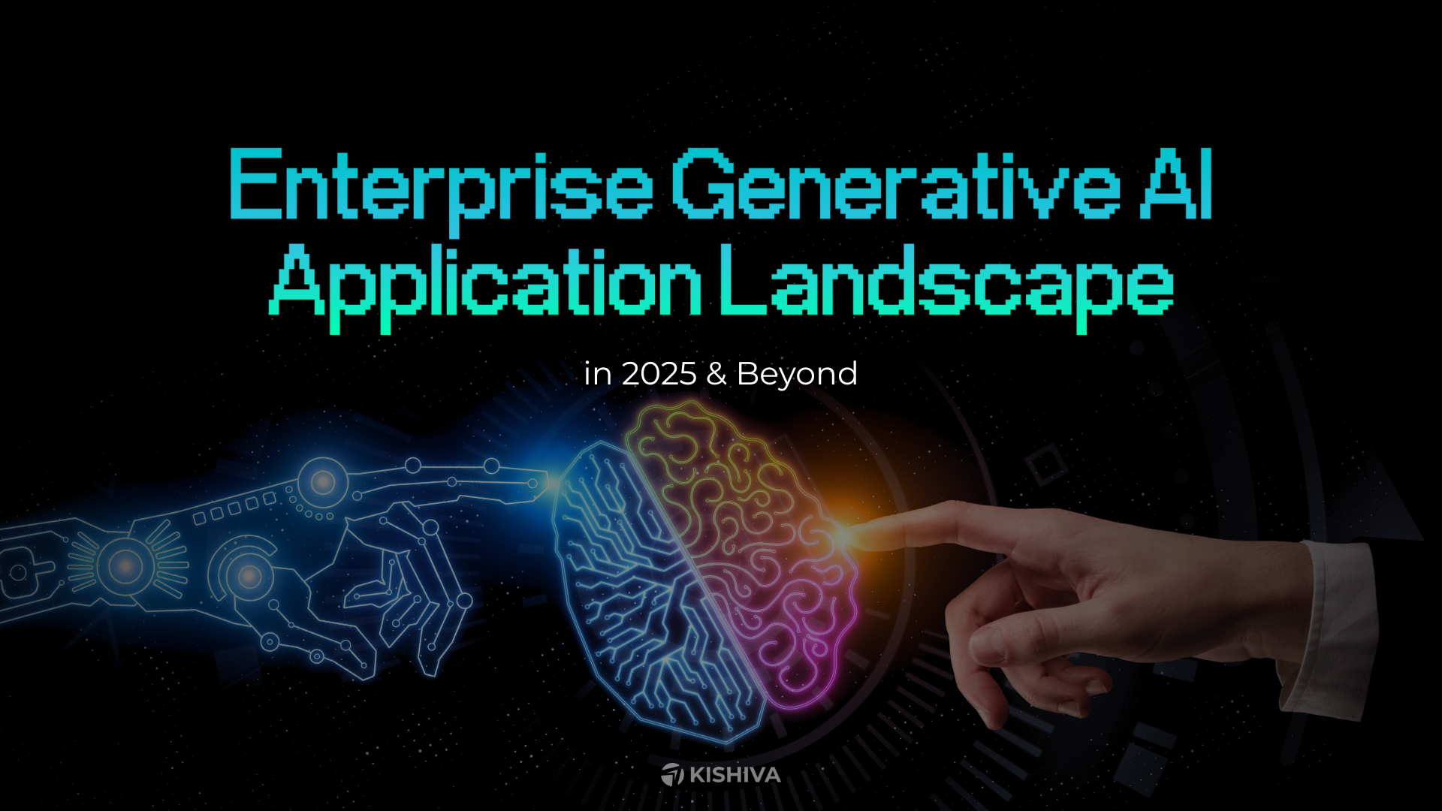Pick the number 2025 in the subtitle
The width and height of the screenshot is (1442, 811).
point(659,374)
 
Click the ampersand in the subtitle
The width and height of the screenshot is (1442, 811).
point(716,374)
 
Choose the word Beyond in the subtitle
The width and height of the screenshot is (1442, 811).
point(797,374)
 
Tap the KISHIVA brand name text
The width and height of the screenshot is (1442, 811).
point(735,775)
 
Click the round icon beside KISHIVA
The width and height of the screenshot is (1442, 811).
point(672,774)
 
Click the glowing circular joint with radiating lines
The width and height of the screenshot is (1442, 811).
point(126,565)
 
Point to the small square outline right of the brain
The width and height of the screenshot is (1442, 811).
point(1045,464)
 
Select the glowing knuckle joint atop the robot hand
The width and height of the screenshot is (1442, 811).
point(323,481)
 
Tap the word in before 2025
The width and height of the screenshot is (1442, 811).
point(597,374)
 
